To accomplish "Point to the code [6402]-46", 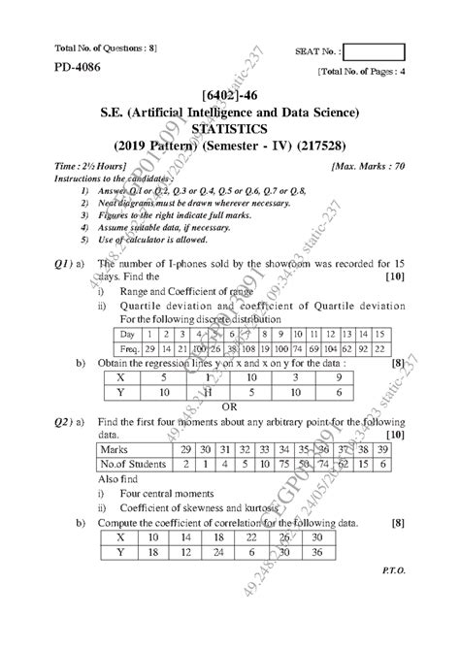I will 229,97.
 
